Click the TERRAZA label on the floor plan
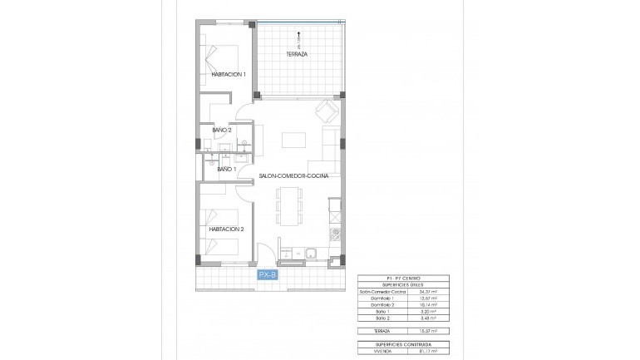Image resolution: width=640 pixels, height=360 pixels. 297,54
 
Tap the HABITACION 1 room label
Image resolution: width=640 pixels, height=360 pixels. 228,75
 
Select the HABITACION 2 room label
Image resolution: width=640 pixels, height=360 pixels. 225,229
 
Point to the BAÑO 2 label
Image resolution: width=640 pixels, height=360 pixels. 221,131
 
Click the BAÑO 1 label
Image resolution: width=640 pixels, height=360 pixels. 227,170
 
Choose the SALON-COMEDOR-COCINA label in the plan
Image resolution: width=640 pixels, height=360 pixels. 293,176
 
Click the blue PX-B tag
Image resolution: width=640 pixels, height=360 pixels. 268,274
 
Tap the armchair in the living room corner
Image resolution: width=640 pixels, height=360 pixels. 327,111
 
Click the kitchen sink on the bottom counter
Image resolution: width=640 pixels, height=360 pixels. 311,253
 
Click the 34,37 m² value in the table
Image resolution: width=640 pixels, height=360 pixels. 428,292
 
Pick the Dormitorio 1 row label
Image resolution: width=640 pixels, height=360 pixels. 374,298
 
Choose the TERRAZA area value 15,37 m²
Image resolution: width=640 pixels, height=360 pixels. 428,331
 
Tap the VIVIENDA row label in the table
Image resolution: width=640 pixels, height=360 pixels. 372,350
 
